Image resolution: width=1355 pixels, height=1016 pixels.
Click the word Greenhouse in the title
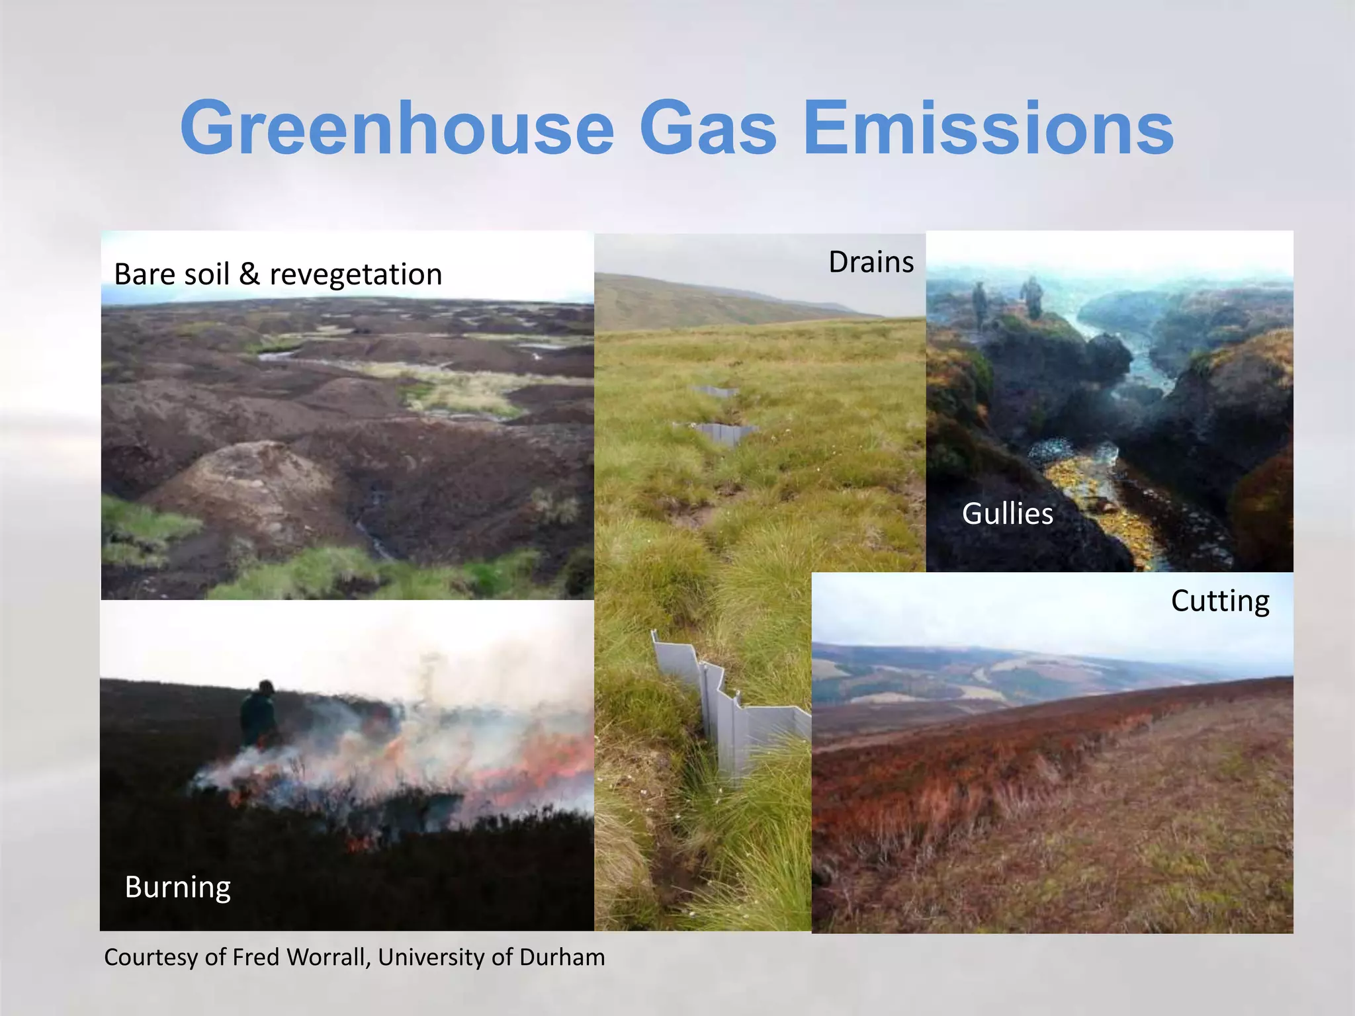point(397,128)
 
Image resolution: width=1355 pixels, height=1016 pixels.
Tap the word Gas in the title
point(708,128)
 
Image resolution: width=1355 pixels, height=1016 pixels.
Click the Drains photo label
point(871,263)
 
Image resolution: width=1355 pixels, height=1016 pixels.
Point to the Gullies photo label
point(1007,514)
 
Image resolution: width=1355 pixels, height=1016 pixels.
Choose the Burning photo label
point(177,888)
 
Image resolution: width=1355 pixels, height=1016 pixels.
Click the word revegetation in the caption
point(356,275)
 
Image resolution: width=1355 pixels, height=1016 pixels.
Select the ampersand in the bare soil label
point(249,275)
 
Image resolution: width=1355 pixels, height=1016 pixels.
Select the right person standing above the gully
point(1031,299)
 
